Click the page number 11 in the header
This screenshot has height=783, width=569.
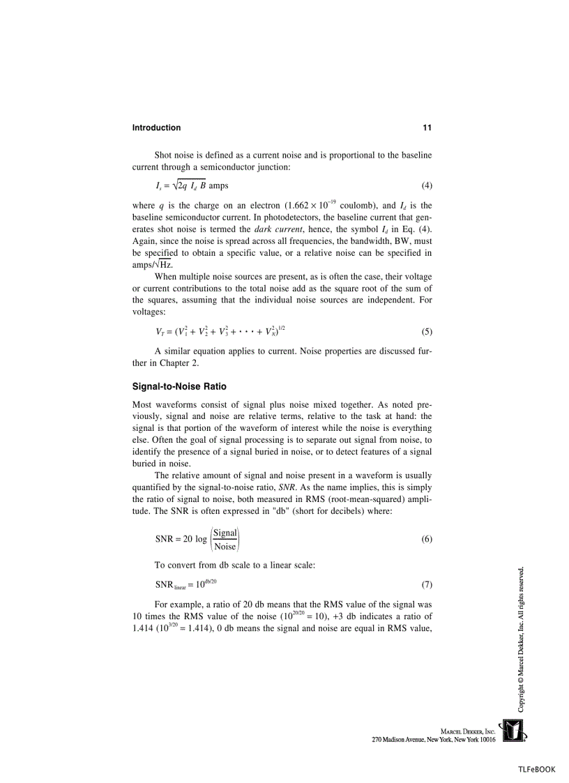427,128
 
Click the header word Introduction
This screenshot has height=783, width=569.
156,128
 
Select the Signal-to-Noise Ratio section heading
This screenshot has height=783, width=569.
179,386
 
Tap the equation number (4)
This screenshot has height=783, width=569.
427,186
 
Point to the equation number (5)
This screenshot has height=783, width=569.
427,332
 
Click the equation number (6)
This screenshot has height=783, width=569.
427,540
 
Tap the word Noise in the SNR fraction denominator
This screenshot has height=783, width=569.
225,547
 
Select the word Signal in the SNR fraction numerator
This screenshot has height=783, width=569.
225,533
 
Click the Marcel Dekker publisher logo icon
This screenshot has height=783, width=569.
513,731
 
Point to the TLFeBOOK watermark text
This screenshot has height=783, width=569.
536,769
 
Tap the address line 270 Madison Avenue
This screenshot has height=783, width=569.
433,739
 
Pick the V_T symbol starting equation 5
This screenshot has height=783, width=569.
160,333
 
